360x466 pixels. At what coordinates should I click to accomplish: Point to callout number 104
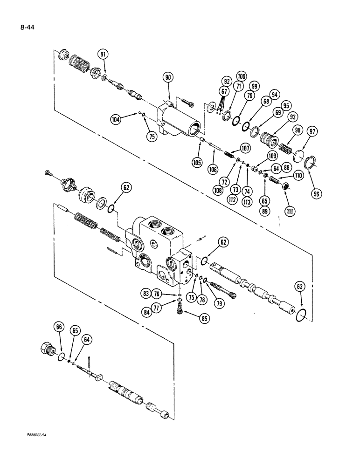pos(116,119)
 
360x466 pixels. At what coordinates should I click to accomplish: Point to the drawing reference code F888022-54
pos(39,434)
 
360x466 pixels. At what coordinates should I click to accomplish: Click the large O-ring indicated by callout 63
pos(302,316)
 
